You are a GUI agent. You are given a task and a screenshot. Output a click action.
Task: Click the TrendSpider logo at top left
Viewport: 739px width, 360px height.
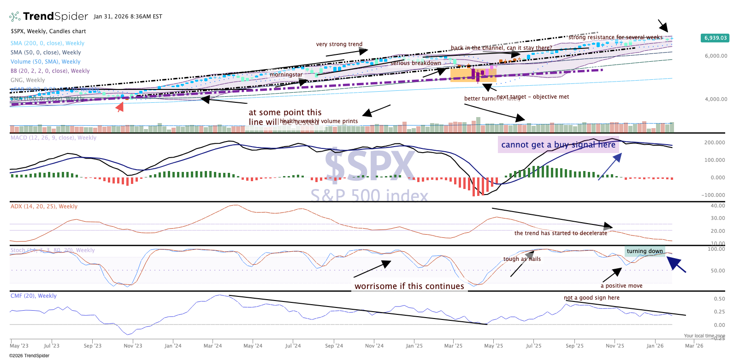(x=48, y=17)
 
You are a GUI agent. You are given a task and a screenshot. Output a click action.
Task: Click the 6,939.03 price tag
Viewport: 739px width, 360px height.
(x=715, y=38)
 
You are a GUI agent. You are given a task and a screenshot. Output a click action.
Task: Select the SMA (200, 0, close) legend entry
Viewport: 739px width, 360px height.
(x=47, y=43)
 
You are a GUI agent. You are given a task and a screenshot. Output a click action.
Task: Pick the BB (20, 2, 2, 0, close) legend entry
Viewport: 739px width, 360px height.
(x=50, y=71)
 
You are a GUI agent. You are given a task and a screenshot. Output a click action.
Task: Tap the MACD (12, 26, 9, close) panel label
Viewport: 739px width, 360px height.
(x=53, y=138)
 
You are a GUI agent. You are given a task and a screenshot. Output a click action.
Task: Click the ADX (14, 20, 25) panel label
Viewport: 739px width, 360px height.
(x=44, y=207)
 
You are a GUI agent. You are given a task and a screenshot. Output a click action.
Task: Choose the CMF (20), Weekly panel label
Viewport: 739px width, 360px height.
(x=34, y=296)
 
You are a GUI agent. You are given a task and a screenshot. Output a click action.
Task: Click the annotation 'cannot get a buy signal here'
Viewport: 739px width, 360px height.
(x=558, y=145)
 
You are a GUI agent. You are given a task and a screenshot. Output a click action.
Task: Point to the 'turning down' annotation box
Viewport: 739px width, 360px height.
(x=644, y=251)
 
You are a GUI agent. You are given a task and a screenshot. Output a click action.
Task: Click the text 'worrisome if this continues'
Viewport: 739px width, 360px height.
(x=409, y=286)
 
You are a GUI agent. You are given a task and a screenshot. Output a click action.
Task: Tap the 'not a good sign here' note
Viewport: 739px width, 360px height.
(x=591, y=298)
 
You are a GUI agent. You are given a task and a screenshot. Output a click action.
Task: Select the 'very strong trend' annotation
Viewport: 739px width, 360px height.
(x=339, y=44)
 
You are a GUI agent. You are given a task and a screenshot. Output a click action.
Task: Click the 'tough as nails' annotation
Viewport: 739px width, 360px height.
(x=522, y=259)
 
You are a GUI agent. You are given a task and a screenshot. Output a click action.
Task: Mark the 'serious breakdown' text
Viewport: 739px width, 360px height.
(x=416, y=63)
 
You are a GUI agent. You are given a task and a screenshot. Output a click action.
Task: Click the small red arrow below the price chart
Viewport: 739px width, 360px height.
(x=120, y=107)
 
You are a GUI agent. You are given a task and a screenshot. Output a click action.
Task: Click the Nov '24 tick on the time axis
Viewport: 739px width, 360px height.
(x=374, y=346)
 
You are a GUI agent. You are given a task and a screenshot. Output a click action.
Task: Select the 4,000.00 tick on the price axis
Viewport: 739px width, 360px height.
(x=715, y=99)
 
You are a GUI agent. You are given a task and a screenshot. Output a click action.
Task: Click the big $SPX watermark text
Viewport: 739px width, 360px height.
(x=370, y=165)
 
